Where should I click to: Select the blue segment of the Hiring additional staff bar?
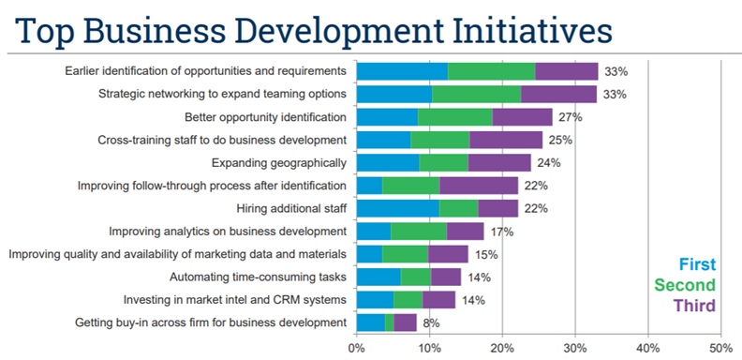397,208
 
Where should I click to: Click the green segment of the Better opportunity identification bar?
454,117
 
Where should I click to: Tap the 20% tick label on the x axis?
502,348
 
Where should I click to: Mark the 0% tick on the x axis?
356,348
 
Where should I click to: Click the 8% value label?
430,323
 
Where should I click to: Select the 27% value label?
570,117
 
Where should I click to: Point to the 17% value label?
501,232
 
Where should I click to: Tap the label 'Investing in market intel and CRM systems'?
235,300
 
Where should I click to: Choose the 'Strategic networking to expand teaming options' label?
222,94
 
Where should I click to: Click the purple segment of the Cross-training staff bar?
506,140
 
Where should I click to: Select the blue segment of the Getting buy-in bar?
370,322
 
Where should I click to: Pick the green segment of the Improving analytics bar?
419,231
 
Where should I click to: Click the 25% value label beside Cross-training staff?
559,141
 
